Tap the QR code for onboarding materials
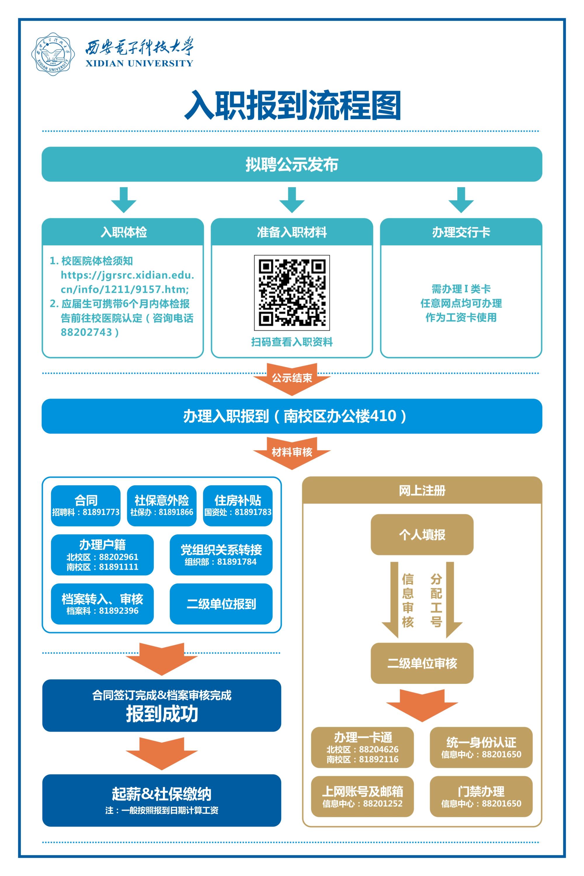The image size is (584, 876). tap(292, 293)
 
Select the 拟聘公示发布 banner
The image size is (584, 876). tap(292, 164)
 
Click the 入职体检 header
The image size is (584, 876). tap(123, 232)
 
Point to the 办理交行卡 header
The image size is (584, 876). tap(461, 232)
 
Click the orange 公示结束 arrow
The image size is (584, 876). tap(292, 379)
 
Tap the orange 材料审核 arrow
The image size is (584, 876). tap(292, 453)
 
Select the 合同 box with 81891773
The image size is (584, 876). tap(86, 505)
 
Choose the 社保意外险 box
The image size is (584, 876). tap(162, 505)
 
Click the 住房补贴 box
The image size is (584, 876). tap(238, 505)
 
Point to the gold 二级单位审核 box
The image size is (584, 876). tap(422, 663)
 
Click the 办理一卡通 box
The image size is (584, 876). tap(362, 748)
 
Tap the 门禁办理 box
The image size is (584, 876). tap(481, 796)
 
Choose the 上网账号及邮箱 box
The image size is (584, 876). tap(362, 796)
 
